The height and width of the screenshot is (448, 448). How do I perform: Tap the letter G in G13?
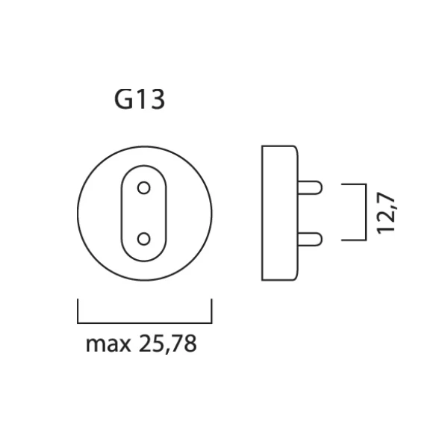point(122,99)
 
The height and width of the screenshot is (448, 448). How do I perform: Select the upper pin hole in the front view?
point(145,187)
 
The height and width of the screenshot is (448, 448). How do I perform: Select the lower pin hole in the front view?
point(145,238)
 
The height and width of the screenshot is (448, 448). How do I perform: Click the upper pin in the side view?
point(310,187)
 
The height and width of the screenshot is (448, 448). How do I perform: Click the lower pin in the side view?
point(310,238)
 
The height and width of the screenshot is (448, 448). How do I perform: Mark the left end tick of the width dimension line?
point(78,311)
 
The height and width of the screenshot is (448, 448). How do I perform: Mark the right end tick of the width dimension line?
point(211,311)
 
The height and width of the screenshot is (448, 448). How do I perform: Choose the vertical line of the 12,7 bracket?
point(365,212)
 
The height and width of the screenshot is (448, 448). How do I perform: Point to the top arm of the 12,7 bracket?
point(353,184)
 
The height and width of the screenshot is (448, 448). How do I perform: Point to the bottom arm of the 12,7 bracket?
point(353,240)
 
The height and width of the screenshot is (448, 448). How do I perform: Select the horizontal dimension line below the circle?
point(145,323)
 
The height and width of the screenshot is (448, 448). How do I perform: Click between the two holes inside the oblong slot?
point(145,213)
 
